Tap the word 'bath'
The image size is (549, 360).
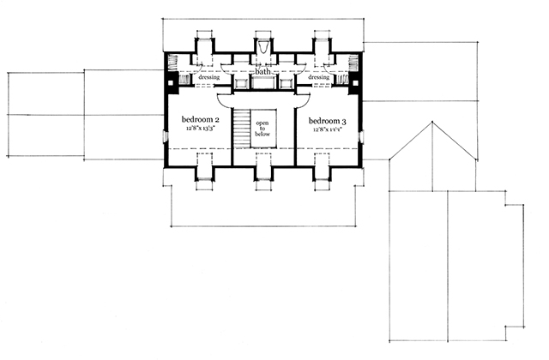[263, 72]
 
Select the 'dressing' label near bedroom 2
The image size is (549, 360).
[209, 78]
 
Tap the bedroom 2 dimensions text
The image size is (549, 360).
[199, 129]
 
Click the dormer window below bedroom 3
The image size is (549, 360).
[322, 171]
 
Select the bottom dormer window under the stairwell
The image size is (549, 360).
[263, 171]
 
